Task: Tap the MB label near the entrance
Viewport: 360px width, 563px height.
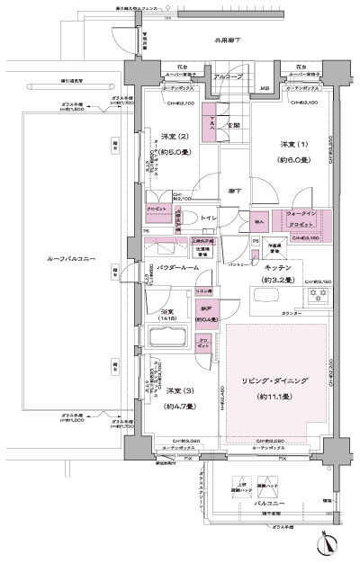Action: pos(264,88)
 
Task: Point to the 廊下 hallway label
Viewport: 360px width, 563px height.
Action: pos(232,191)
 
